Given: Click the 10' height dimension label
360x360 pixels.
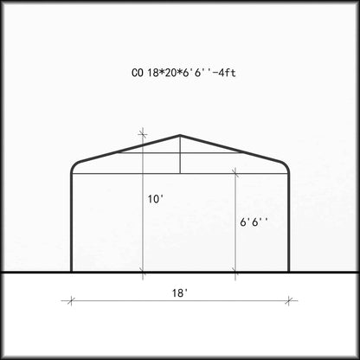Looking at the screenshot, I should (x=155, y=199).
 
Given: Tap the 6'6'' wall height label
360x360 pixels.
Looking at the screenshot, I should (x=254, y=222).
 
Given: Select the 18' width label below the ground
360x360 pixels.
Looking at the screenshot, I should (x=180, y=292).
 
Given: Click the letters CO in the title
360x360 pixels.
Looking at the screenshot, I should (x=138, y=74).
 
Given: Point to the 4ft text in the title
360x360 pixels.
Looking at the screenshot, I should (x=223, y=74).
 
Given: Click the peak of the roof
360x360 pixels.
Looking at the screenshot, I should (x=180, y=136).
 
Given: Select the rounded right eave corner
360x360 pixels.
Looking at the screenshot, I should (x=286, y=166).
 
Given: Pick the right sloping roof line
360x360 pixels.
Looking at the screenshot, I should (x=233, y=150).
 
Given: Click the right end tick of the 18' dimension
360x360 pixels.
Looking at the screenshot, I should (x=291, y=301).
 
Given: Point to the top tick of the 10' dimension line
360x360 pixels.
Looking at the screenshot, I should (x=143, y=135).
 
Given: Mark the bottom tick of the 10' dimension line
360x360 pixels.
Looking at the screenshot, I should (x=143, y=273).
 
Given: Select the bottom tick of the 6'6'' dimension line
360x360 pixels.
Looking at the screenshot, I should (x=235, y=273).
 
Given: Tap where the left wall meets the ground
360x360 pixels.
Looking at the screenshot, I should (x=71, y=273).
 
